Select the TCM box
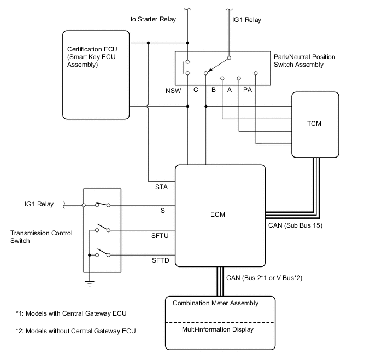[x=314, y=124]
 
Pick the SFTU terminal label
[x=161, y=236]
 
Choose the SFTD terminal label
[x=161, y=260]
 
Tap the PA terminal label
[x=247, y=89]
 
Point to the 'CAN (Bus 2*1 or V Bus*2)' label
[x=264, y=278]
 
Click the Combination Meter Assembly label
[x=215, y=303]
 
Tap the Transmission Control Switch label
[x=34, y=237]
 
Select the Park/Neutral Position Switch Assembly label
[x=304, y=61]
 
